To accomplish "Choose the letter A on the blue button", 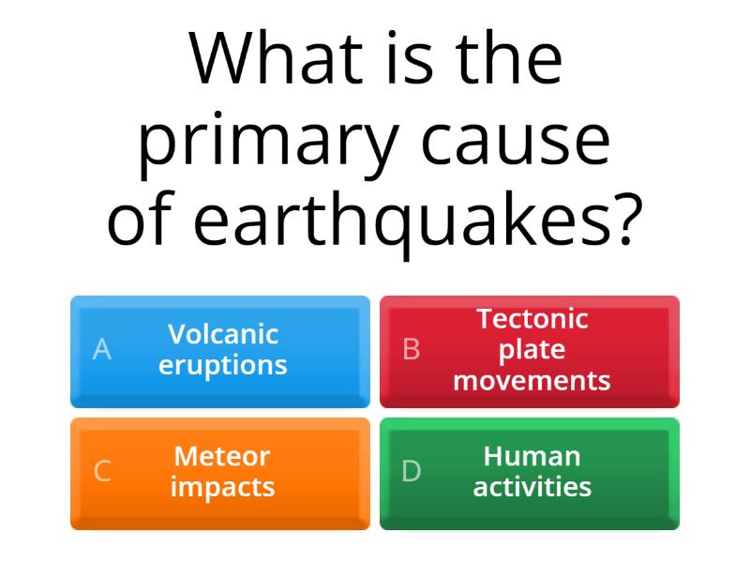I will point(102,349).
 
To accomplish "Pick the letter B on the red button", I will point(411,349).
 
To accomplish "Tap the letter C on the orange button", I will point(102,471).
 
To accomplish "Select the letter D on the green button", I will point(411,471).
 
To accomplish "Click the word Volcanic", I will point(223,334).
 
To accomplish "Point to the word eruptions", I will point(223,365).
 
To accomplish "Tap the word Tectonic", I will point(532,319).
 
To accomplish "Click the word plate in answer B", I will point(532,350).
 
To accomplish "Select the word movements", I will point(532,381).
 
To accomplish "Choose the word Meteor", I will point(222,456).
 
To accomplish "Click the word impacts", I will point(222,487).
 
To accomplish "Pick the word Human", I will point(532,456).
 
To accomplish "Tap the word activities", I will point(532,487).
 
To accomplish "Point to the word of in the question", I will point(140,221).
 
